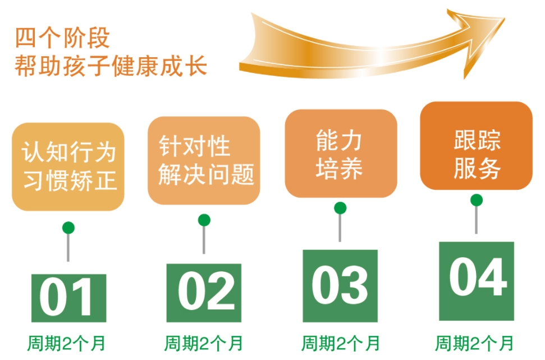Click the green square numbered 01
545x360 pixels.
tap(68, 298)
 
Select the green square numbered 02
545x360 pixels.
tap(204, 293)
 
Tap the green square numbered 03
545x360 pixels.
tap(340, 286)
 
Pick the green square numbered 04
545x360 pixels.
tap(476, 281)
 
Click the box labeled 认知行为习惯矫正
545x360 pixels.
tap(68, 167)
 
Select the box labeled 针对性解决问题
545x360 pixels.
tap(204, 161)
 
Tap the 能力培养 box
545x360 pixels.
tap(341, 153)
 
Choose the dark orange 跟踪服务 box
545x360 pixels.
tap(476, 145)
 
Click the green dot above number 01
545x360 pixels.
tap(68, 228)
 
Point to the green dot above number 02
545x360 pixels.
tap(204, 220)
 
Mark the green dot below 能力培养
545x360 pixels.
tap(340, 208)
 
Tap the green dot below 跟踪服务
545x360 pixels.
tap(477, 200)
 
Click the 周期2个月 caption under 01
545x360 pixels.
tap(66, 344)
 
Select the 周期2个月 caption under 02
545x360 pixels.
tap(204, 344)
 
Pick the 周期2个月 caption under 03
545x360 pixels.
tap(341, 344)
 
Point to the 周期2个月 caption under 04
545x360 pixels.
tap(475, 344)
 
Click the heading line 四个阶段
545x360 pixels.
tap(62, 38)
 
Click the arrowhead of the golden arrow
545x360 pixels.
tap(478, 38)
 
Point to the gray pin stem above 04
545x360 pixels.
tap(476, 220)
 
